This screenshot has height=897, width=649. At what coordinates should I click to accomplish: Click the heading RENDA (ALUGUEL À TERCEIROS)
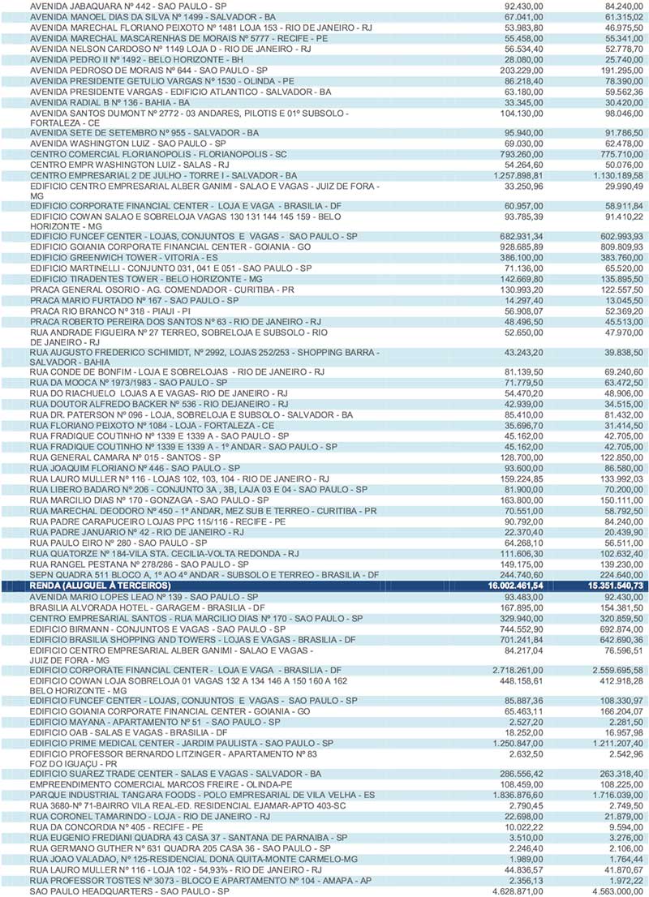pos(100,585)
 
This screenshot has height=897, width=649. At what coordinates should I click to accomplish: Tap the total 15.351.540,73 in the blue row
pos(611,585)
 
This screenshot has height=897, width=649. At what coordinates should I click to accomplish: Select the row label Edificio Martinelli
pos(170,267)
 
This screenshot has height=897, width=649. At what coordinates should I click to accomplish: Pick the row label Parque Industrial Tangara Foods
pos(202,796)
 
